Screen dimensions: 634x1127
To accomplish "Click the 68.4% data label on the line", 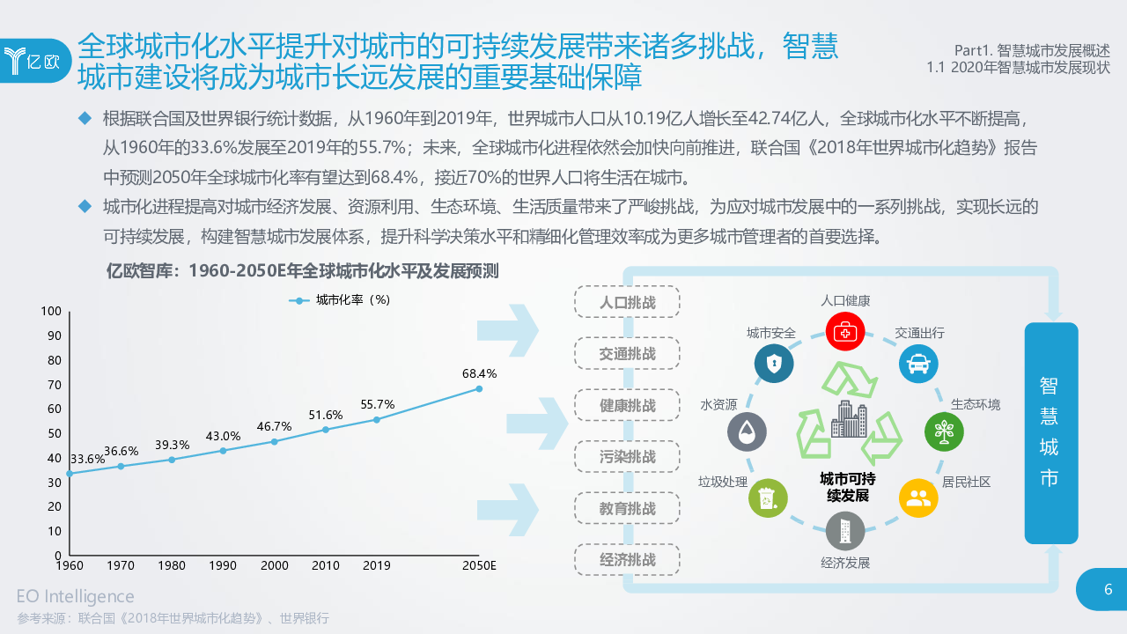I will [479, 373].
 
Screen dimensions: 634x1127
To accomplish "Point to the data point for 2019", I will [377, 419].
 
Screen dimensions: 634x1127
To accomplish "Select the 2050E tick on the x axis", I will [480, 565].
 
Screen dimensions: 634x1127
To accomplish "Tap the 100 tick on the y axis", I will [50, 311].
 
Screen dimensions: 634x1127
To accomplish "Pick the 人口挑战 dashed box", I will [627, 302].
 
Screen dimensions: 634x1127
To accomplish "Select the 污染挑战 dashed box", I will [627, 457].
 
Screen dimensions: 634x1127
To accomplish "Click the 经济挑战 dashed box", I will [627, 560].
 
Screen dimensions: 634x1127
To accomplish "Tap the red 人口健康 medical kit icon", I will [845, 333].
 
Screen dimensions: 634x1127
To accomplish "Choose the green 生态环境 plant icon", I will [944, 432].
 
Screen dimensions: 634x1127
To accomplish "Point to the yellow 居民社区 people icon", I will [918, 498].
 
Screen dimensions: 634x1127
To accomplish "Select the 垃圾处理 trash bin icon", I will [767, 498].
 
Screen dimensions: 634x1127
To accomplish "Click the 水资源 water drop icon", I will [747, 432].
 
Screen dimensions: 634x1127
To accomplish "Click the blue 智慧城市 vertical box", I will [1050, 432].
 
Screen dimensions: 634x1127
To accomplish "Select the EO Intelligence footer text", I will [76, 597].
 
